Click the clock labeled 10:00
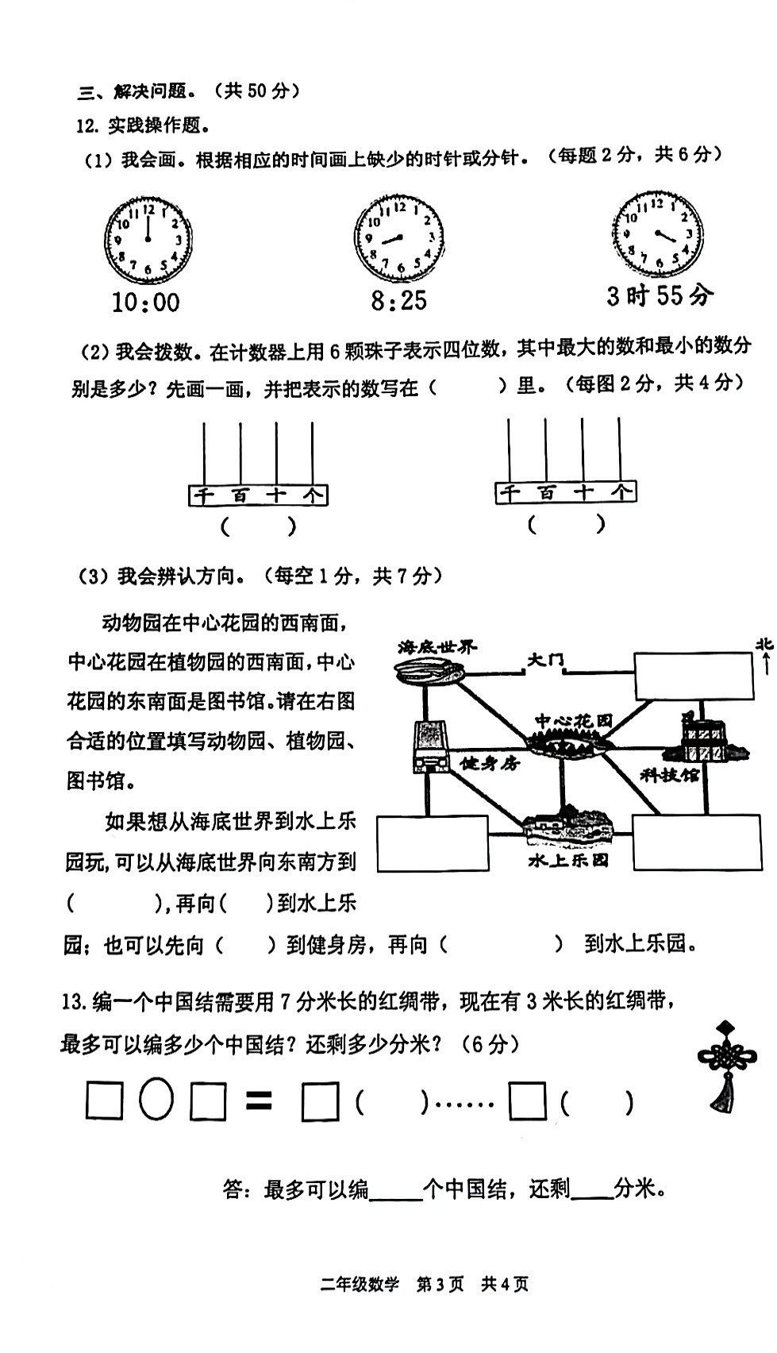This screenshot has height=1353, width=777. tap(148, 239)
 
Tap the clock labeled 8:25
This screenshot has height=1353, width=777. tap(398, 237)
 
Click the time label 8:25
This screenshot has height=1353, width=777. tap(398, 300)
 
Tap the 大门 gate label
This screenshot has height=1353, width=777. tap(545, 660)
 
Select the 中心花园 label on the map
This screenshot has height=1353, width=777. tap(574, 721)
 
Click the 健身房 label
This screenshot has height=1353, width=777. tap(490, 764)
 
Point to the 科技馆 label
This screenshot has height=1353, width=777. tap(668, 774)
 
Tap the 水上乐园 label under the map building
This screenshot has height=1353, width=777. tap(568, 860)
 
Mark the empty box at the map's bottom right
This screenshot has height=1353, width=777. tap(697, 842)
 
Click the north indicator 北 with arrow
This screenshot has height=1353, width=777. tap(765, 656)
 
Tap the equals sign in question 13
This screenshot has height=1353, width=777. tap(259, 1100)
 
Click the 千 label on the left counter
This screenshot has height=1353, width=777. tap(203, 496)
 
